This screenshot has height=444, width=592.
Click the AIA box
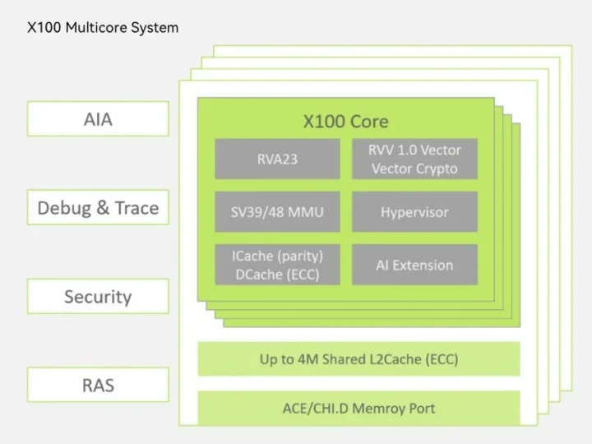98,119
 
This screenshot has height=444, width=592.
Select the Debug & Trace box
98,208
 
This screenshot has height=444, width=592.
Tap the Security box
98,297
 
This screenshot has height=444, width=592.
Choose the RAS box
98,385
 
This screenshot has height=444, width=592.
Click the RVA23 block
277,159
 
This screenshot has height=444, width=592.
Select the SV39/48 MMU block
277,212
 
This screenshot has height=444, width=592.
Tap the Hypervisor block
414,212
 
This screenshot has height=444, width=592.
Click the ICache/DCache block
277,265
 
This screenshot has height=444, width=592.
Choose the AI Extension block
414,265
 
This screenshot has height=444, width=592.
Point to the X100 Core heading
345,122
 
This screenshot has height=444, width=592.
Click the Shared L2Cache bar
358,359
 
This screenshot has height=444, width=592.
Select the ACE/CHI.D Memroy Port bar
358,408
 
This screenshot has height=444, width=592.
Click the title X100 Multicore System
103,27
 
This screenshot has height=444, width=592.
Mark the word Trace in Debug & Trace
136,208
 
